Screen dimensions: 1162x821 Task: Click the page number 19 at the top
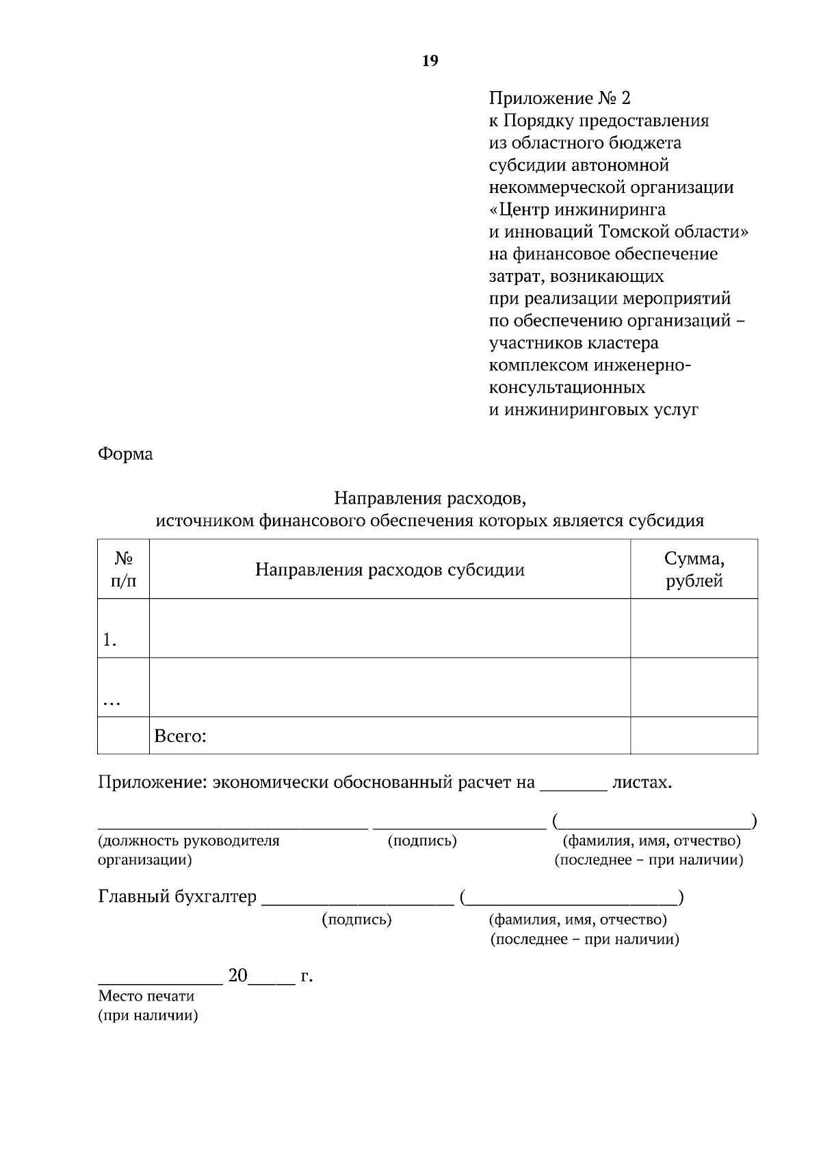click(x=430, y=61)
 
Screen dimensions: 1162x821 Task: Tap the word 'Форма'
click(x=125, y=454)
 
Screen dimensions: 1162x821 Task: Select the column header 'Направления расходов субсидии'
click(x=389, y=569)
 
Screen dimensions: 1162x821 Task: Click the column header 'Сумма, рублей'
click(x=694, y=569)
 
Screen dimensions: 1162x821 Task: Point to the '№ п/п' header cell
click(x=123, y=569)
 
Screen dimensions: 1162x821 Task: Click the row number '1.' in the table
click(x=109, y=640)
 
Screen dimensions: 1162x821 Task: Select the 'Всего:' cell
click(x=181, y=736)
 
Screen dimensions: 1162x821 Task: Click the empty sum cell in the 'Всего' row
click(x=694, y=736)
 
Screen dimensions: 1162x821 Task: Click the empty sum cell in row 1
click(x=694, y=628)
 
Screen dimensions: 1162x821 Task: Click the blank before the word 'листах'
click(x=573, y=784)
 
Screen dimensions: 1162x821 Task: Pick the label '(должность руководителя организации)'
click(x=188, y=849)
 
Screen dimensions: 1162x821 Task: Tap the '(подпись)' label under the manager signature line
click(x=422, y=840)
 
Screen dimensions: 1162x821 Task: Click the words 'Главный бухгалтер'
click(x=177, y=896)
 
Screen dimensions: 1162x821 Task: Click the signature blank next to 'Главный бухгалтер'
click(x=358, y=899)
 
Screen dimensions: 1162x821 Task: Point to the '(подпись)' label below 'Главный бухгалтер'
click(x=356, y=919)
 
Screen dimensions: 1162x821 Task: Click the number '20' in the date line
click(x=237, y=975)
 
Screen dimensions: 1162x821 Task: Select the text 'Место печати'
click(x=146, y=996)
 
